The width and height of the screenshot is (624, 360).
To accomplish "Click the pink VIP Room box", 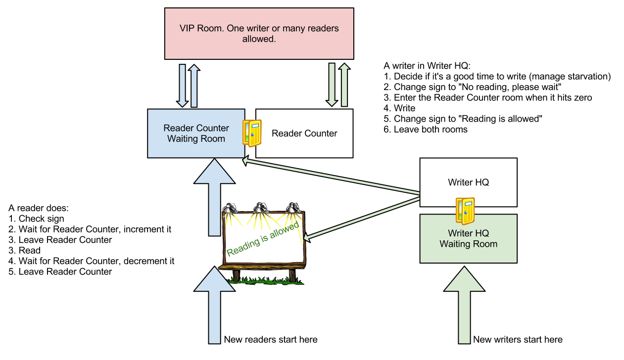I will click(259, 33).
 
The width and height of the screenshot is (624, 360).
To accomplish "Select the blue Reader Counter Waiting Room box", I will click(196, 134).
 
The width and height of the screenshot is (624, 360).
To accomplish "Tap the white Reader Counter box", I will click(304, 134).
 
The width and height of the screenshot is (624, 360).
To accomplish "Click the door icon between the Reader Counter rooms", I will click(252, 133).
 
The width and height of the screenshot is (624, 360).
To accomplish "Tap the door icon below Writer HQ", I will click(466, 210).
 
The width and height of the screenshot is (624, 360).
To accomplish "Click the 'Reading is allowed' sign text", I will click(263, 239).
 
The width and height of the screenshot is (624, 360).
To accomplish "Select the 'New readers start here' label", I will click(270, 340).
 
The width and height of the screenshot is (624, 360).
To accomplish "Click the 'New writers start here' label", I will click(518, 340).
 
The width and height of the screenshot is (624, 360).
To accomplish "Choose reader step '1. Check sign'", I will click(36, 218).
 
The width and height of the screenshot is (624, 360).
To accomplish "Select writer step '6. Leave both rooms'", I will click(426, 130).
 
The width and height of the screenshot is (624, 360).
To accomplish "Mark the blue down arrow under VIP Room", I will click(182, 85).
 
